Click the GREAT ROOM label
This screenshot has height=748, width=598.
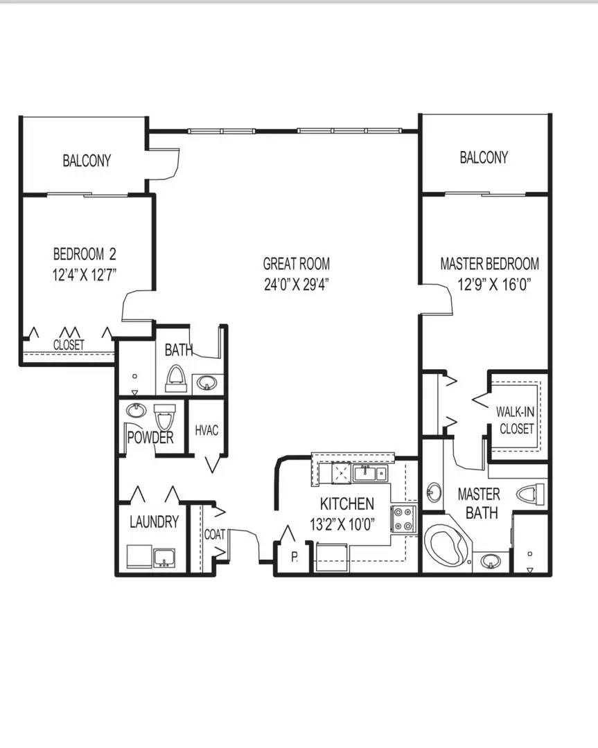coord(296,263)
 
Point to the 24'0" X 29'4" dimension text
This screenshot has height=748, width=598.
coord(296,283)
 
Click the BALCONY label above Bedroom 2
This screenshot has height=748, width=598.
coord(87,161)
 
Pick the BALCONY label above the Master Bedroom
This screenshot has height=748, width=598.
coord(484,157)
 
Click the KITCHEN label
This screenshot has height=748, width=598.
coord(346,504)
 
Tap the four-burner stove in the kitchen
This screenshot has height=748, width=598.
coord(403,519)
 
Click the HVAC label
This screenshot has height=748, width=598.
coord(206,430)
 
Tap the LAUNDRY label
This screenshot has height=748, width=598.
coord(154,522)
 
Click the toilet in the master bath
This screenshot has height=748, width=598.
coord(531,495)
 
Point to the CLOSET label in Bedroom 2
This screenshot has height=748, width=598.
coord(69,344)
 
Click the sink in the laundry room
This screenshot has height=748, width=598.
coord(165,557)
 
